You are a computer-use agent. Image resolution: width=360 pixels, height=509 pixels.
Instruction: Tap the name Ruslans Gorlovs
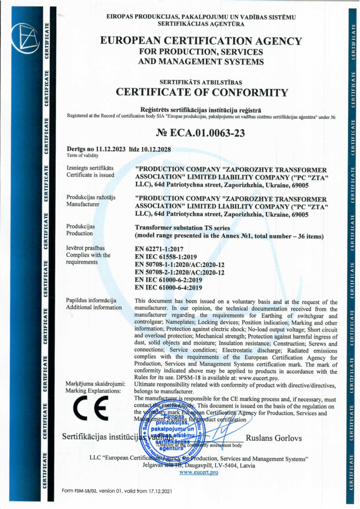click(274, 438)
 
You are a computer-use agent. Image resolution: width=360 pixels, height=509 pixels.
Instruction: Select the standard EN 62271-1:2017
click(159, 249)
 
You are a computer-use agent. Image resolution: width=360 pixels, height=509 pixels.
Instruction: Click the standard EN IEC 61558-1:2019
click(166, 256)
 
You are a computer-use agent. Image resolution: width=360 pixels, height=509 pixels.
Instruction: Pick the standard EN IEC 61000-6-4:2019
click(168, 287)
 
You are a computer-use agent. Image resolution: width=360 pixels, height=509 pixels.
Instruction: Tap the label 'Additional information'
click(93, 307)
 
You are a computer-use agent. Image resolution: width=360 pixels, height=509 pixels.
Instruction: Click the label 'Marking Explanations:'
click(93, 391)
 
